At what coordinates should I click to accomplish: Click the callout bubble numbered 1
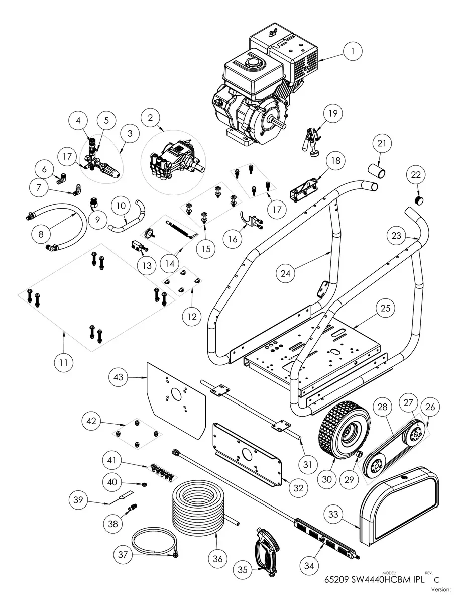[353, 51]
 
